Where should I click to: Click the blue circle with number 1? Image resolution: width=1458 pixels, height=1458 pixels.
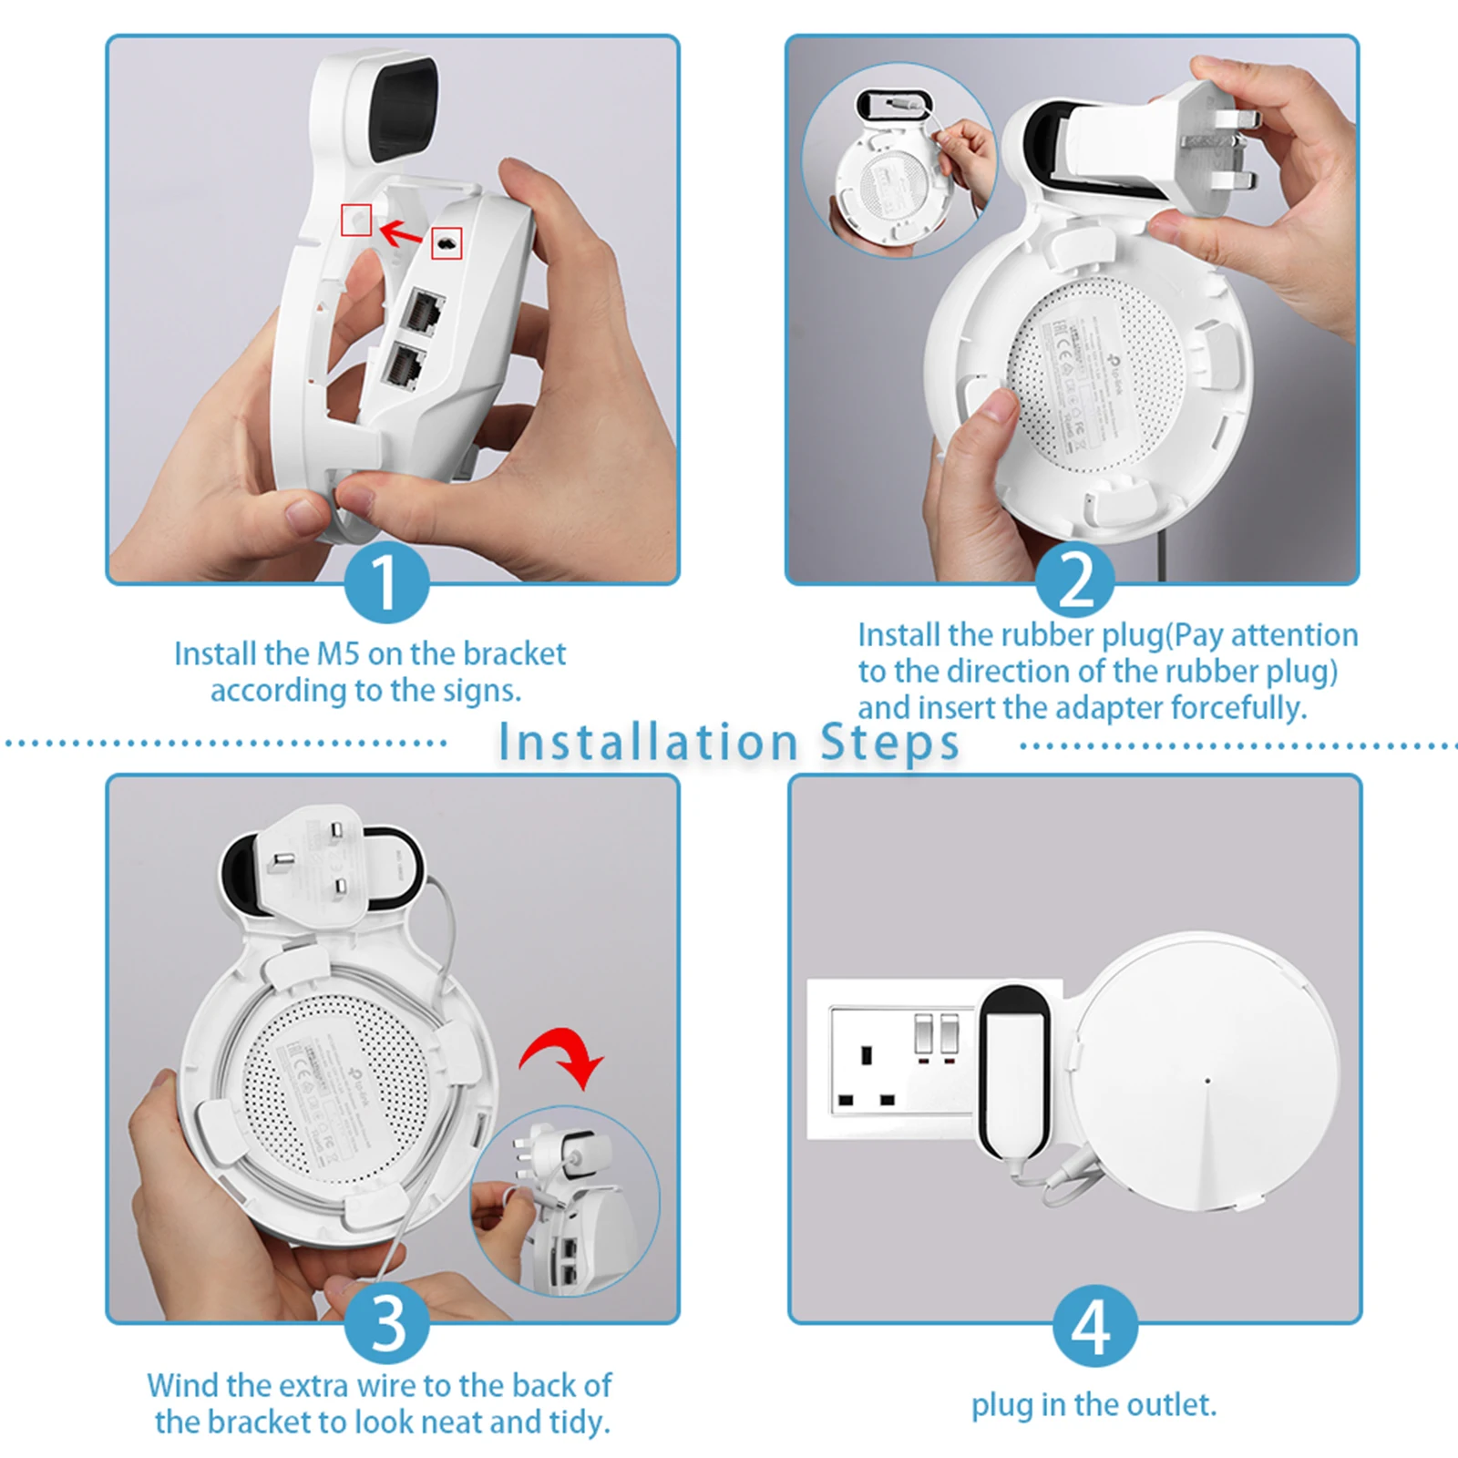pos(386,583)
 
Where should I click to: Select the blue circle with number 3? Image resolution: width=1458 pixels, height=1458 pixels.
pos(386,1323)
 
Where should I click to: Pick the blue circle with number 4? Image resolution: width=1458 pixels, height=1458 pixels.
pos(1094,1327)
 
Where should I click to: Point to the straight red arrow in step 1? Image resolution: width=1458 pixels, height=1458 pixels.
pos(401,233)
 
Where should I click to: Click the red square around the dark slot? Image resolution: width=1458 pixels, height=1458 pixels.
pos(447,243)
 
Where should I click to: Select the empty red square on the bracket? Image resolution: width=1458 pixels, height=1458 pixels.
pos(356,220)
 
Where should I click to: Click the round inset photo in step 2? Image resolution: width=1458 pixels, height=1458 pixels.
pos(898,162)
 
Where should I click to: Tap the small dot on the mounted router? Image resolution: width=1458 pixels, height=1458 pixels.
pos(1207,1082)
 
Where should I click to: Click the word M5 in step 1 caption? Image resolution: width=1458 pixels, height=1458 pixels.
pos(338,654)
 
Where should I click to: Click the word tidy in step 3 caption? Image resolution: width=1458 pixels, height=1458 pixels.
pos(579,1422)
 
